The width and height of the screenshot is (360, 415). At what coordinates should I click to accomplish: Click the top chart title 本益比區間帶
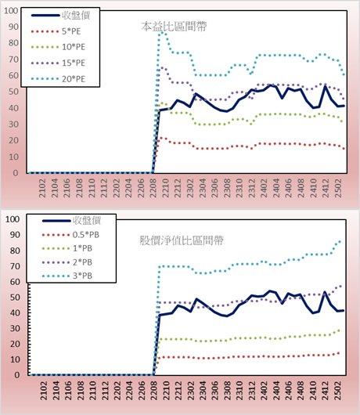tap(174, 27)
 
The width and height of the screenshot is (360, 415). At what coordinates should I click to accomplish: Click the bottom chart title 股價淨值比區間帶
tap(182, 240)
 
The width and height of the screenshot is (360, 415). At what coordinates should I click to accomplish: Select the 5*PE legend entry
tap(56, 31)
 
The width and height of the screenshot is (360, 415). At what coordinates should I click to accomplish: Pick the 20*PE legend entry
tap(58, 79)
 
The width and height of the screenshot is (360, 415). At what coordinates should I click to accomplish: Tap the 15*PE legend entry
tap(58, 63)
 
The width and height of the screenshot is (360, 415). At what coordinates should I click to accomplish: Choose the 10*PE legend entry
tap(58, 47)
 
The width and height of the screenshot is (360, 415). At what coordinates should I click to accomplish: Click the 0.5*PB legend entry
tap(70, 235)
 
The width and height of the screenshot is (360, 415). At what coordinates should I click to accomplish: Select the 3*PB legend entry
tap(67, 276)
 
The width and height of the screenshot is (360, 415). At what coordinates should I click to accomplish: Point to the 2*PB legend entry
tap(67, 262)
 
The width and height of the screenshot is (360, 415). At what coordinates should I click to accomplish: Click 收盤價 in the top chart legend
tap(60, 16)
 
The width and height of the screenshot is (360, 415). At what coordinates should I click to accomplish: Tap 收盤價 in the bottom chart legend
tap(71, 221)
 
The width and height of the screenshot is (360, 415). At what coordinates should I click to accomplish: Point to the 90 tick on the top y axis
tap(13, 27)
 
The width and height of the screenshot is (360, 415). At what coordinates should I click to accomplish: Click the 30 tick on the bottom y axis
tap(15, 328)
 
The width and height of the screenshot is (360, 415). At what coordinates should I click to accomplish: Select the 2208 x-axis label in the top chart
tap(153, 188)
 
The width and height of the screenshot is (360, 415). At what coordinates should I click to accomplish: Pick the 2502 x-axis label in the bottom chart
tap(338, 391)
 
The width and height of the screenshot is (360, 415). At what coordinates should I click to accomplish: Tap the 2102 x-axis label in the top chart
tap(42, 188)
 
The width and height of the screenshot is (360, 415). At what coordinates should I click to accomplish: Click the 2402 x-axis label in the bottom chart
tap(264, 391)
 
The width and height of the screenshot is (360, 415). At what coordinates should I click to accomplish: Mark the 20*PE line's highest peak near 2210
tap(162, 33)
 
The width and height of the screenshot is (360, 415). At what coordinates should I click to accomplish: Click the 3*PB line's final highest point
tap(340, 241)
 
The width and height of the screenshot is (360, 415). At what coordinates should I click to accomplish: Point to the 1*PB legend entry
tap(67, 248)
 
